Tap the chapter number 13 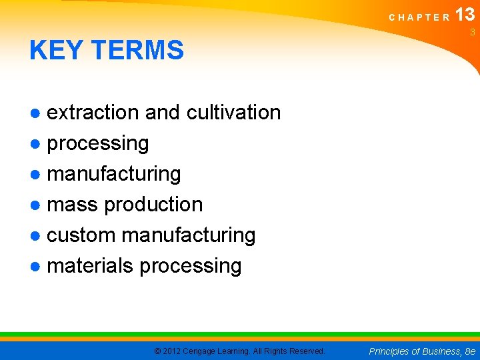point(465,15)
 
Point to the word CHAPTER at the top point(420,17)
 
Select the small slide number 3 point(472,33)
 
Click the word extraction point(94,112)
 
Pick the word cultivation point(233,112)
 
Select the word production point(153,204)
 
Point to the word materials point(91,265)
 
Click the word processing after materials point(191,265)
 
